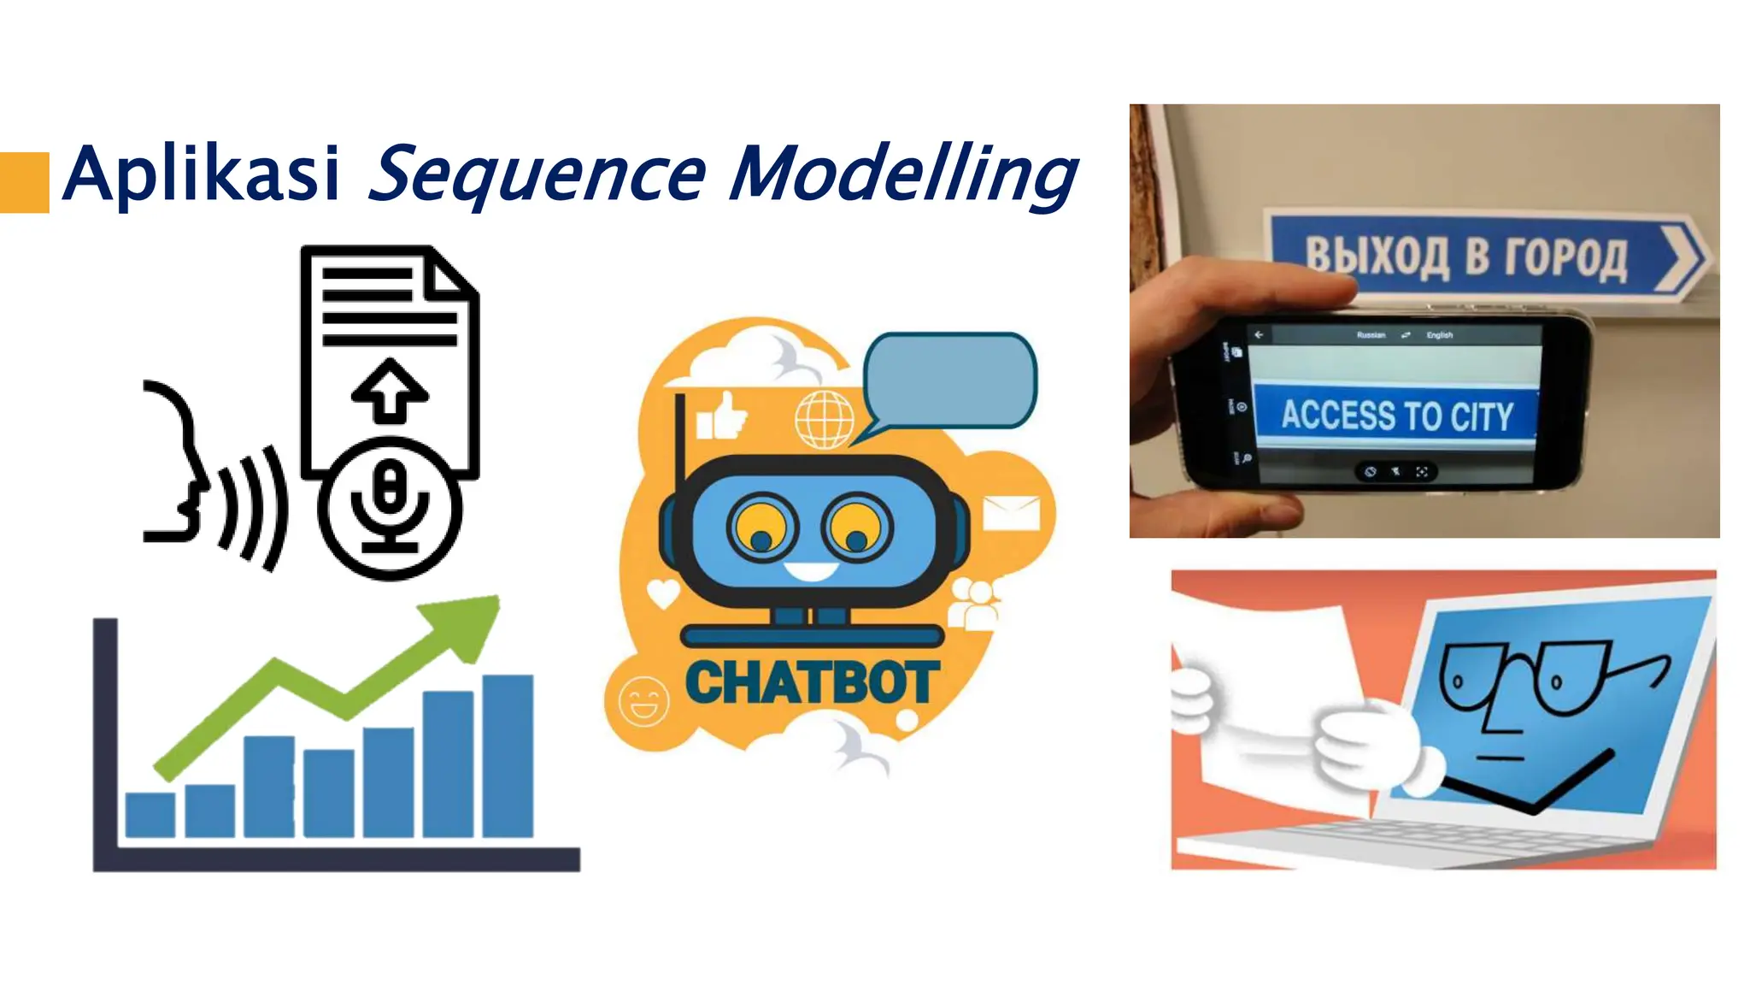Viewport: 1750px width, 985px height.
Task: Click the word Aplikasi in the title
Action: [x=202, y=174]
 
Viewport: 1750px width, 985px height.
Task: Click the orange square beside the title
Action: [x=24, y=182]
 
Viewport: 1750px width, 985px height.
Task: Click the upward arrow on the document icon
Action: [x=390, y=390]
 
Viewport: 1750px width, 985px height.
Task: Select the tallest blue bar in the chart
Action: [x=508, y=756]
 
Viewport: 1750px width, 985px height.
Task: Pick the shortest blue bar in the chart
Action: [x=150, y=814]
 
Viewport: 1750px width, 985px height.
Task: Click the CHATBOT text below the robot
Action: [x=812, y=683]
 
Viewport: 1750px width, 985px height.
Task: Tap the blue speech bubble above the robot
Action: [x=949, y=380]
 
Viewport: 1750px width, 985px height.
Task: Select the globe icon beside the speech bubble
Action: [x=824, y=419]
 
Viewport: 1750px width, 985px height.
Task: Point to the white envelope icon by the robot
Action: [x=1011, y=513]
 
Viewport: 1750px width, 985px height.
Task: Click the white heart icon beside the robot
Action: [x=663, y=592]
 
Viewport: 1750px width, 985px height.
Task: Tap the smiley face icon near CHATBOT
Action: [x=643, y=701]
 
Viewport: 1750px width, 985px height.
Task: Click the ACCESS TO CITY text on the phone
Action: [x=1396, y=416]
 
